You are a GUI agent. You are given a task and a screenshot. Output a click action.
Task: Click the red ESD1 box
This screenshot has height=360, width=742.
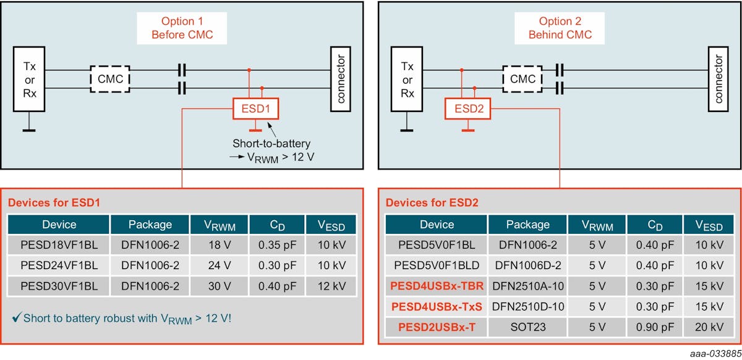[x=255, y=109]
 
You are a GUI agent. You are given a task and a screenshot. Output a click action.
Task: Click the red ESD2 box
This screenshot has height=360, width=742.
[x=468, y=109]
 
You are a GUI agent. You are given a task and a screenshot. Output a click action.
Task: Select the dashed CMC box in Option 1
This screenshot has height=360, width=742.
[x=109, y=79]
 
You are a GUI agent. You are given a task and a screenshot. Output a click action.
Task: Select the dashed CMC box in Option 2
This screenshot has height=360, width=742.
[x=523, y=79]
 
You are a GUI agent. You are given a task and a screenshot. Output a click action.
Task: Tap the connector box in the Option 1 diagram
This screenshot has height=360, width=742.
[x=341, y=79]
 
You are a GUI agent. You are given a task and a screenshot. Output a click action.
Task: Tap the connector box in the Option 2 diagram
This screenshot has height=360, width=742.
[x=717, y=79]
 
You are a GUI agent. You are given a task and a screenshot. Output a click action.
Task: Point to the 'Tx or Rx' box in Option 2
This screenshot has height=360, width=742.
[x=407, y=80]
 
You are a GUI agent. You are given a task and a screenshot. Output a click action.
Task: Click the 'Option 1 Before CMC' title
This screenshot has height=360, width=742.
[x=182, y=28]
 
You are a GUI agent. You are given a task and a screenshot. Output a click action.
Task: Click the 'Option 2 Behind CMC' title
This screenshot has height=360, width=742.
[x=560, y=28]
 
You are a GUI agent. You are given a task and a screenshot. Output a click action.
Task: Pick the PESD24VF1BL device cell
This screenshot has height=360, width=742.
[x=59, y=265]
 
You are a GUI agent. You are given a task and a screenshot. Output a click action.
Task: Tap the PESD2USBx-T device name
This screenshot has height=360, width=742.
[x=437, y=327]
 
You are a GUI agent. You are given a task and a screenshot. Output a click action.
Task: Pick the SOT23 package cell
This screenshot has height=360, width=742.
[x=527, y=327]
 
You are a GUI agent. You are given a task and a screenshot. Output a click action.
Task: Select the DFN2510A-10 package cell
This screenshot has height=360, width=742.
[x=527, y=286]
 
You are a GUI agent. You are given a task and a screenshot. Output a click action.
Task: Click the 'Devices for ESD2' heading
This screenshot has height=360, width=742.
[x=432, y=202]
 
